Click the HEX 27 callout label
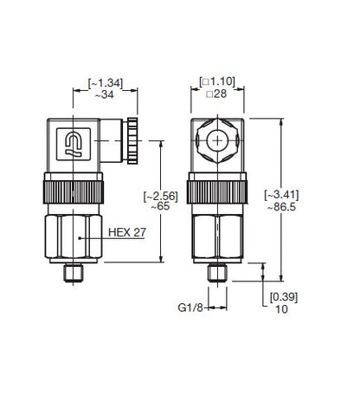(127, 232)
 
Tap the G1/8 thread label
(190, 308)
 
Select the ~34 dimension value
(105, 94)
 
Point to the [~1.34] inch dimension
(106, 83)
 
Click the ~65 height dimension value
(160, 206)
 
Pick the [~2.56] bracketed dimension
(161, 196)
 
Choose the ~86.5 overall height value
(281, 207)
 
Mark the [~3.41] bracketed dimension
(281, 195)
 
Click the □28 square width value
(216, 94)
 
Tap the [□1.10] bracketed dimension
(217, 82)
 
